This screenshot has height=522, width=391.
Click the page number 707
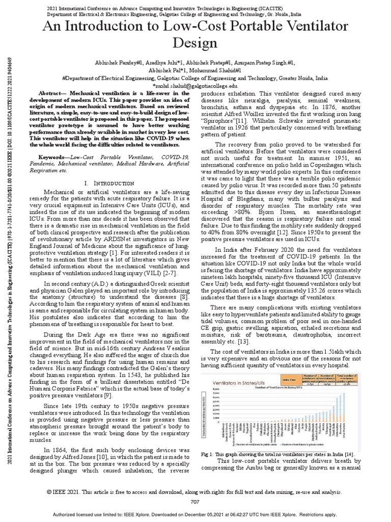pos(195,502)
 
